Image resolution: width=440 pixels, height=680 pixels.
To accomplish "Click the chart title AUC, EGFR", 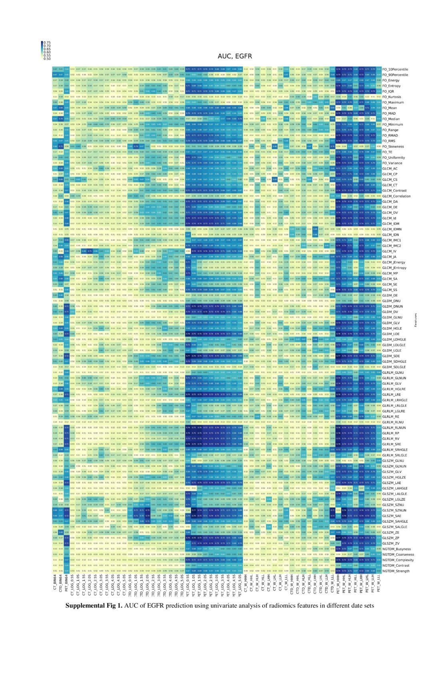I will tap(235, 56).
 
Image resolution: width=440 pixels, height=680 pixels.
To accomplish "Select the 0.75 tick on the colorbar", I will tap(47, 42).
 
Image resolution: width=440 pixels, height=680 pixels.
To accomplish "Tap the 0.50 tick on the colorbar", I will tap(47, 59).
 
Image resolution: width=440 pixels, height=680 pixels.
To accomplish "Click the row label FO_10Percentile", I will tap(395, 69).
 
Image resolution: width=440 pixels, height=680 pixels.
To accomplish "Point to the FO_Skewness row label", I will tap(393, 146).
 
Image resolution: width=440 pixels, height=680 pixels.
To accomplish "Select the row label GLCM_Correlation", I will tap(396, 196).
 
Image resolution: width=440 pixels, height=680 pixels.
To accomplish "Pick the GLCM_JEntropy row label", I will tap(394, 268).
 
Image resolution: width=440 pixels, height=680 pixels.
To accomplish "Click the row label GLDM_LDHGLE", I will tap(394, 340).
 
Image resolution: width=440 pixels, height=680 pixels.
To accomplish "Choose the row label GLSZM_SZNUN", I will tap(394, 510).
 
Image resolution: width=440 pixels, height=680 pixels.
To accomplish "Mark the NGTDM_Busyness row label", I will tap(396, 549).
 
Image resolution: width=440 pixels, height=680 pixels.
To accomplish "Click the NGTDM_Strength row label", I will tap(396, 571).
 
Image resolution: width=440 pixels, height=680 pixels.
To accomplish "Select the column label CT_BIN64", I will tap(55, 584).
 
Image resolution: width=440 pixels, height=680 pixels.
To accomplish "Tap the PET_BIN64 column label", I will tap(66, 584).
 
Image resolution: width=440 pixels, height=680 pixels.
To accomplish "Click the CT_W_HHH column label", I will tap(246, 584).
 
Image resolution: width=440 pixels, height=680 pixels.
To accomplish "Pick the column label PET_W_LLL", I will tap(378, 584).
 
